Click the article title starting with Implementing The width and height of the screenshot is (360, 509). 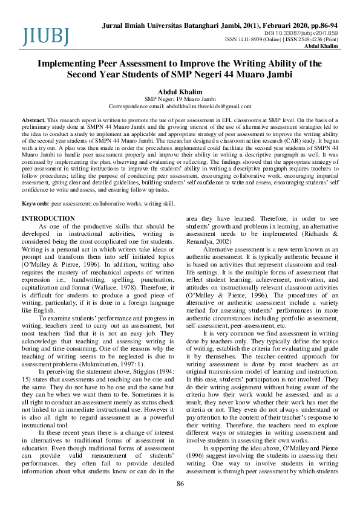tap(180, 69)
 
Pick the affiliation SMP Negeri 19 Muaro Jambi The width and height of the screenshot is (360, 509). tap(180, 99)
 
